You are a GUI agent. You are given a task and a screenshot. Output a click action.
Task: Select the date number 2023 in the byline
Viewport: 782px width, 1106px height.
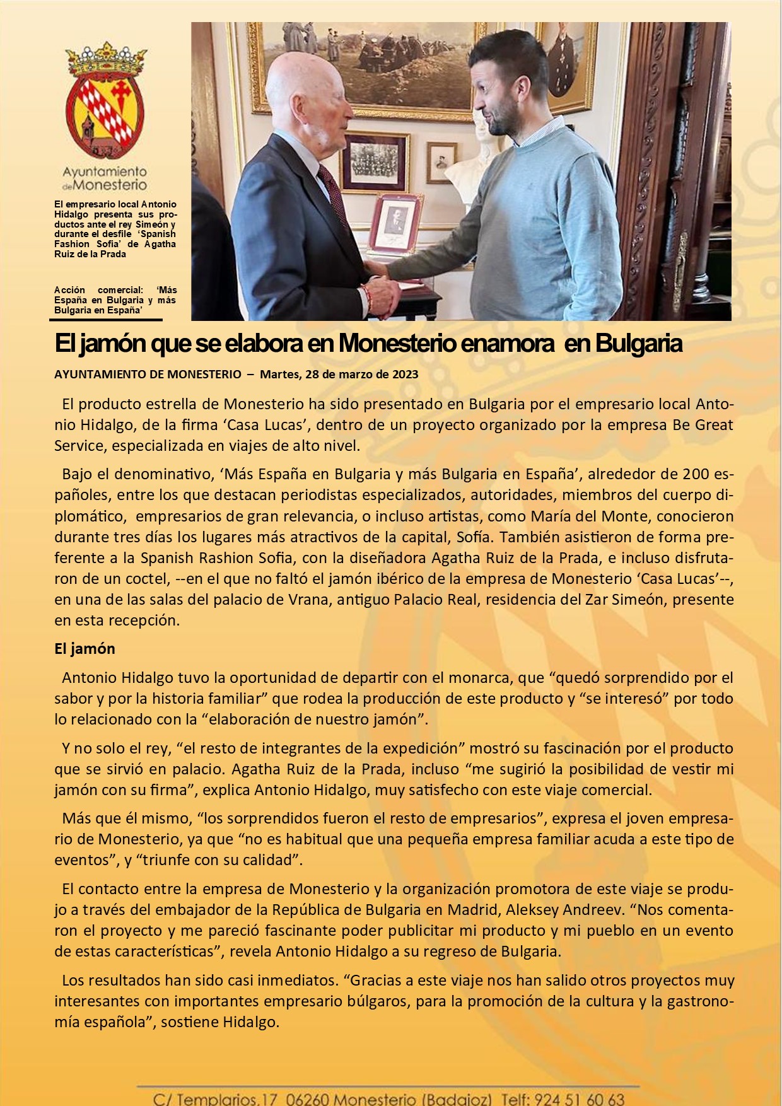[405, 375]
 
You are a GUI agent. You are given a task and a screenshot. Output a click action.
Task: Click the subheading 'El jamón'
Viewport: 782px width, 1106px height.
[85, 649]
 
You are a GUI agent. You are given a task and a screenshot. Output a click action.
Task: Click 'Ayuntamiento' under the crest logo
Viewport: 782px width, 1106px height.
[105, 172]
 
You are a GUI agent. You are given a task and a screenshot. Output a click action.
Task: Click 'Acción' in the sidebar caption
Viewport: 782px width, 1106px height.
[69, 290]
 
